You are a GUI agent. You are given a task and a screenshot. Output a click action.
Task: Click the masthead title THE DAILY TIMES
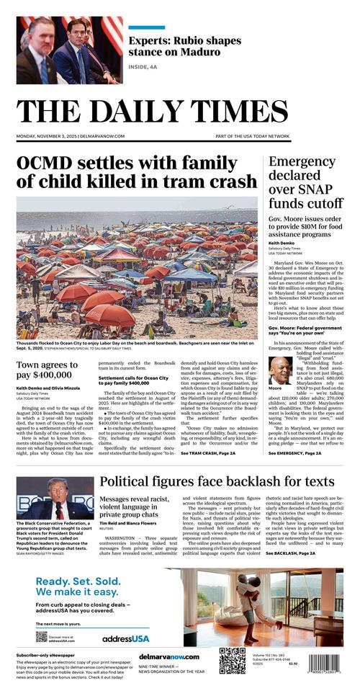(x=179, y=111)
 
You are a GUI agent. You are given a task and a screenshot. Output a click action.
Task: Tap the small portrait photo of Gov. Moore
(x=280, y=369)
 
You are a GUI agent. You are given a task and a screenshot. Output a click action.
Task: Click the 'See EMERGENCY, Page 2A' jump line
(x=294, y=453)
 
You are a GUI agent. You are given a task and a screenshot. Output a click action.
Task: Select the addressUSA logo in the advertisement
(x=125, y=638)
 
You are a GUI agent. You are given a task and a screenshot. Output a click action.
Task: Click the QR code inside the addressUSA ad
(x=41, y=636)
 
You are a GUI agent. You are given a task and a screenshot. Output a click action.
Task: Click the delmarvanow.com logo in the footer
(x=168, y=656)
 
